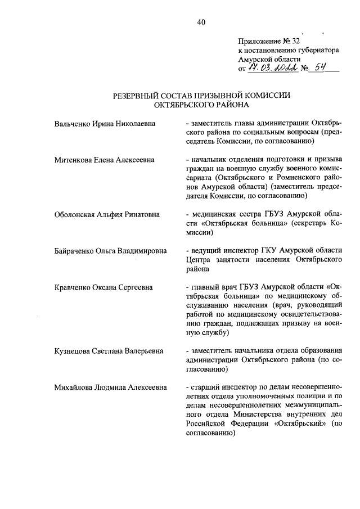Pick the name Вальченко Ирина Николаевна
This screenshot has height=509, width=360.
coord(105,123)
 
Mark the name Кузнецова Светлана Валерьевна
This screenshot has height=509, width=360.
coord(109,350)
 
